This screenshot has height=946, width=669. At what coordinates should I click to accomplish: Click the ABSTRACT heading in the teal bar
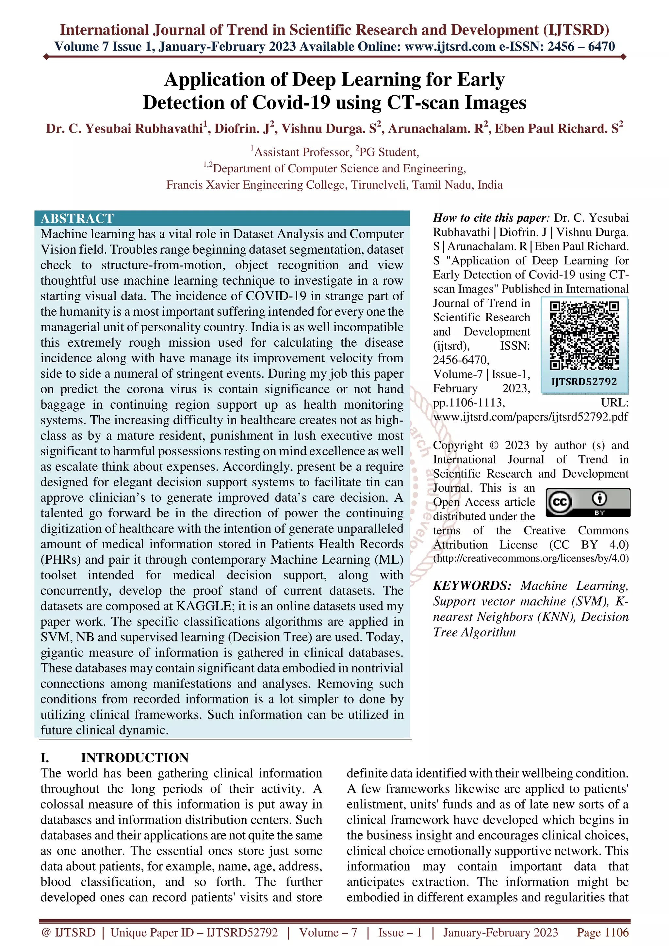(x=77, y=218)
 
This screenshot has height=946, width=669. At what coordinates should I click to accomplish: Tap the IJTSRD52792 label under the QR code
(x=584, y=382)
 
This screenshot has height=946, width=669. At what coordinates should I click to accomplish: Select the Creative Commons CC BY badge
(x=588, y=502)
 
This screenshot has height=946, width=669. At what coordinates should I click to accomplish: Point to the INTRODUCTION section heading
(x=135, y=757)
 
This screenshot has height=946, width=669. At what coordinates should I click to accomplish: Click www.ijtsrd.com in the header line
(x=450, y=47)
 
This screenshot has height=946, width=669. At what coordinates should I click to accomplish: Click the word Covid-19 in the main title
(x=291, y=102)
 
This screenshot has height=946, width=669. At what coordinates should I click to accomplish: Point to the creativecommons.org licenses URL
(x=531, y=559)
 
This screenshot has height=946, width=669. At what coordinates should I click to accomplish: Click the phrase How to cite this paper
(x=490, y=218)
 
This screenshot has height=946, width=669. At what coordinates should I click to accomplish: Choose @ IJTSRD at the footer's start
(x=68, y=932)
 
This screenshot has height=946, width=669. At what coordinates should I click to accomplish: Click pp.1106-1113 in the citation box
(x=469, y=402)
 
